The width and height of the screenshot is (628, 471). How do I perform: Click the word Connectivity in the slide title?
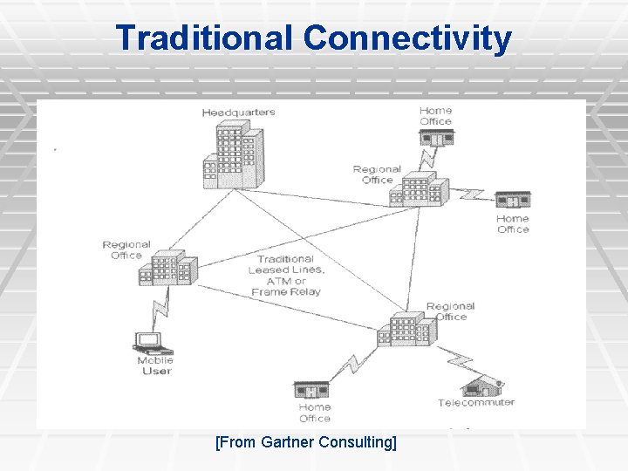coord(407,38)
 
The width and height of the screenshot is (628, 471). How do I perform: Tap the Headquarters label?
coord(238,113)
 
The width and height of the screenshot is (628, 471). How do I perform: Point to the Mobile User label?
coord(155,365)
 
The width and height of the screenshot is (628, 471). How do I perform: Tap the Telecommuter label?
coord(476,403)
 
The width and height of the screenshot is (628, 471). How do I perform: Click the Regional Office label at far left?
coord(126,250)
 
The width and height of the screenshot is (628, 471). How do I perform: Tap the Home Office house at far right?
coord(512,200)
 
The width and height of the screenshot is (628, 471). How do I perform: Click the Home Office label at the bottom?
coord(315,413)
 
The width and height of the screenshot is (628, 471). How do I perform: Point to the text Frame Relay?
coord(286,292)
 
